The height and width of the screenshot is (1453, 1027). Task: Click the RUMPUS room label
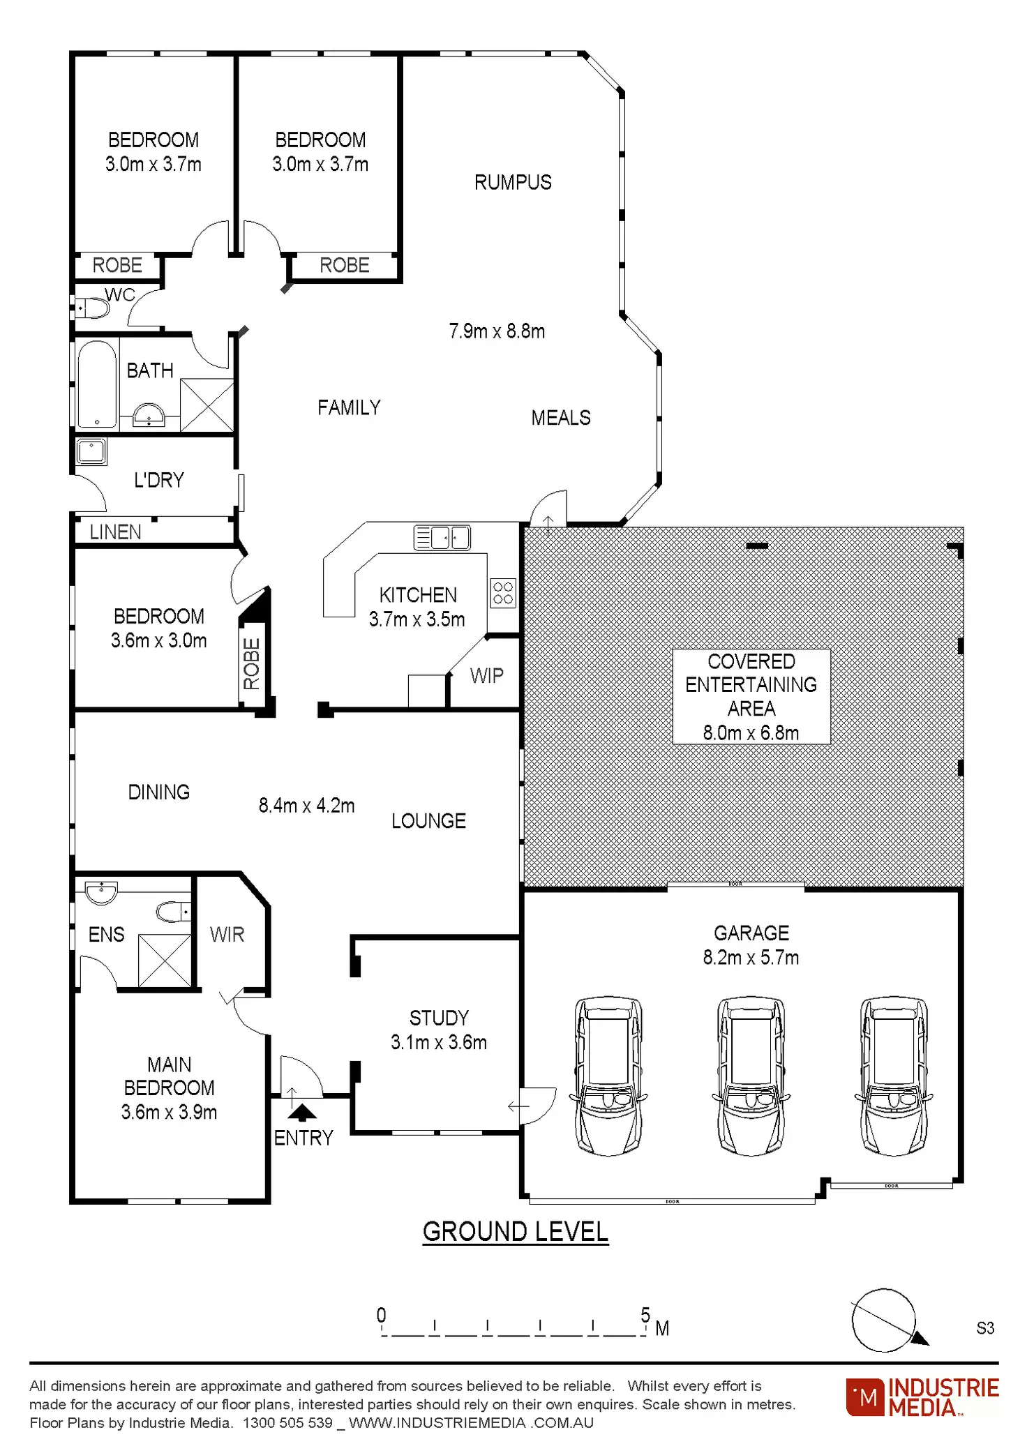click(513, 183)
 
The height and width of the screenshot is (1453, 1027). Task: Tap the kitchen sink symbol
click(442, 538)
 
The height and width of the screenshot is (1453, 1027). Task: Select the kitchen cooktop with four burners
click(502, 593)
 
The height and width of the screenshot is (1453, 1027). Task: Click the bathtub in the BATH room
click(96, 384)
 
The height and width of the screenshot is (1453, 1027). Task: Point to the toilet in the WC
click(93, 308)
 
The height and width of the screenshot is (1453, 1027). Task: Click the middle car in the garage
click(751, 1076)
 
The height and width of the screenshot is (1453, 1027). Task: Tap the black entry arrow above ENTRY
click(301, 1112)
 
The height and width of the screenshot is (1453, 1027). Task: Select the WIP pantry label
click(486, 675)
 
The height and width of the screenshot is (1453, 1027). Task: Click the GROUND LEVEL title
click(515, 1232)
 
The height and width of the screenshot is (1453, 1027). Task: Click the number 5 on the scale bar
click(645, 1315)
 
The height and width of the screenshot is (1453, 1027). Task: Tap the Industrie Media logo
click(922, 1397)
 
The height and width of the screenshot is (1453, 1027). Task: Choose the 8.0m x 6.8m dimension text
click(751, 733)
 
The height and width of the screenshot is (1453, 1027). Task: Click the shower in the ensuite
click(165, 961)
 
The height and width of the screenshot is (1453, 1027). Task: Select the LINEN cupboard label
click(115, 532)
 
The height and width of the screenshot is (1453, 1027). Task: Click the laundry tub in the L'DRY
click(91, 451)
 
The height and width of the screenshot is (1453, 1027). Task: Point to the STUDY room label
click(439, 1018)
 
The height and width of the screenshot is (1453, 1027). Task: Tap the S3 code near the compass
click(984, 1328)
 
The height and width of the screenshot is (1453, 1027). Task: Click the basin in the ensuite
click(101, 892)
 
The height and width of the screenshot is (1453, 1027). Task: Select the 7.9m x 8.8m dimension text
click(497, 331)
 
